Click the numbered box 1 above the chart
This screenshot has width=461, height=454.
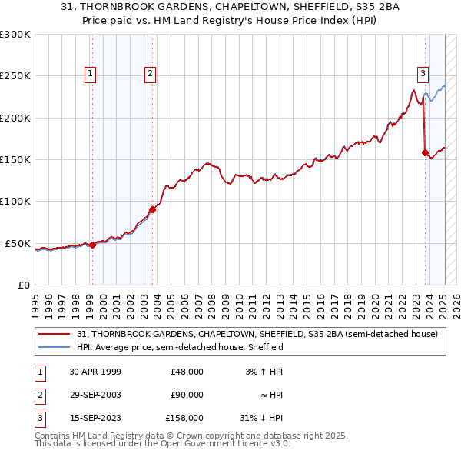point(91,74)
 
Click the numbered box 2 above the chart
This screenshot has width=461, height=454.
point(150,74)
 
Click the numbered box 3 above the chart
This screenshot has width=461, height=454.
point(423,74)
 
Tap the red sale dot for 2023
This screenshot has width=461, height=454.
point(425,152)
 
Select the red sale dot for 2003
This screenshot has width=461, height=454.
point(153,209)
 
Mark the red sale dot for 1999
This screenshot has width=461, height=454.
point(92,245)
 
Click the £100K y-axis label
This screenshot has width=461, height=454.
point(15,202)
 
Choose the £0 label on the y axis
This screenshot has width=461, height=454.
point(23,285)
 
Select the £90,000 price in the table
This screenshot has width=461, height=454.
point(187,395)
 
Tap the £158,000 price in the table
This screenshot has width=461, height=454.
point(184,419)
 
